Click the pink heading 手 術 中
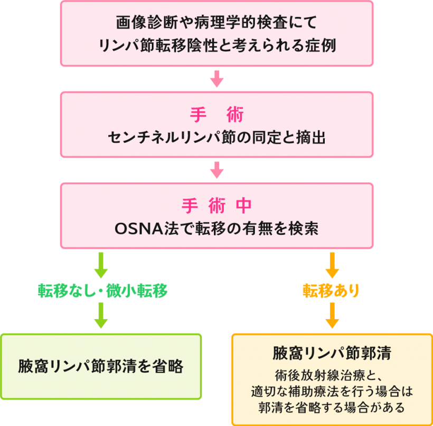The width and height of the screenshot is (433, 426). [216, 205]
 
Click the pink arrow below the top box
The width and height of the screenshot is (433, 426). [216, 78]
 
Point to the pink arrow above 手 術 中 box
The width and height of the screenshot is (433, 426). [216, 169]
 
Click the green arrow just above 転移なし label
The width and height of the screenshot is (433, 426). [100, 265]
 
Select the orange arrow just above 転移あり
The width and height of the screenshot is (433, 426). [332, 265]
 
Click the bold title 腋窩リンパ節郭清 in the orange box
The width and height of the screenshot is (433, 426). [332, 353]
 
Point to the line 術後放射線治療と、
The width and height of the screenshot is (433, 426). [332, 376]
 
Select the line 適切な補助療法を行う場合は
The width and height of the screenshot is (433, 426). [332, 392]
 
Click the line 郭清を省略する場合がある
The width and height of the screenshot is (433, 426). [332, 407]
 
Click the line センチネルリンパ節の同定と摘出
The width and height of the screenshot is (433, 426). [216, 139]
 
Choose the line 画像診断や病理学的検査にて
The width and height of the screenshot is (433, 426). [216, 23]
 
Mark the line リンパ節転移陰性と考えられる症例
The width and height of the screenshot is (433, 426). [216, 46]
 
